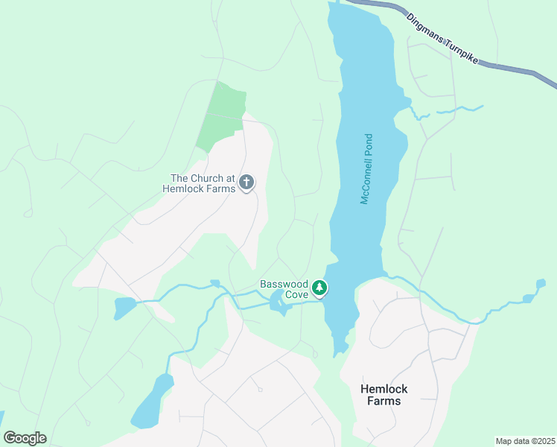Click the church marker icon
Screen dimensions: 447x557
click(x=246, y=182)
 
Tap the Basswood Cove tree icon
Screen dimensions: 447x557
click(x=319, y=288)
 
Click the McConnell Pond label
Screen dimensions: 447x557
click(x=366, y=169)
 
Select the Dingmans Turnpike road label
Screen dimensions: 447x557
click(x=442, y=40)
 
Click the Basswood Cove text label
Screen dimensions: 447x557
click(x=284, y=289)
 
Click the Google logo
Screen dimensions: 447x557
click(x=25, y=438)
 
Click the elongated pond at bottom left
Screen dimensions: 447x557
click(x=152, y=402)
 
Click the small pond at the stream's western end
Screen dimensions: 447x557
click(x=124, y=306)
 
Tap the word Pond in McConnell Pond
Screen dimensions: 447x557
click(x=368, y=148)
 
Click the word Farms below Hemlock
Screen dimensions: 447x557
click(x=384, y=401)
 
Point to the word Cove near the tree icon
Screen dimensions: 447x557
click(x=294, y=295)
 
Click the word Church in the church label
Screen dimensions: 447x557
click(x=208, y=178)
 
